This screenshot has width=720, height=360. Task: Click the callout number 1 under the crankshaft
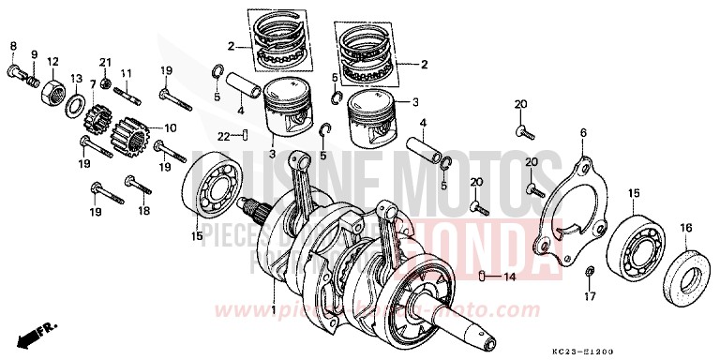[273, 310]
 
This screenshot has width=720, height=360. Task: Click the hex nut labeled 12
[52, 92]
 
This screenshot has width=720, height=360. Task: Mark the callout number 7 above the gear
[93, 83]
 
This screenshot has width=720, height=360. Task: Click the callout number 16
[686, 227]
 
